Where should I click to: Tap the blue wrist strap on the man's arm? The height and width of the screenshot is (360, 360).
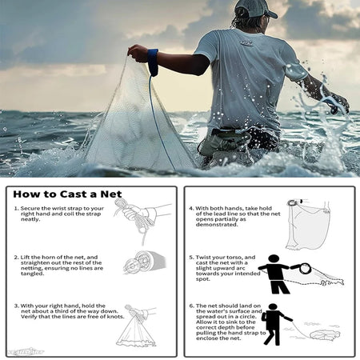pos(152,61)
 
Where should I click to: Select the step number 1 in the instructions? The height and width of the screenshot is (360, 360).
pos(16,207)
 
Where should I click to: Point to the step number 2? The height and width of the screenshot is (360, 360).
pos(16,256)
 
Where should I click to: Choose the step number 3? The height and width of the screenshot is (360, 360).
pos(16,304)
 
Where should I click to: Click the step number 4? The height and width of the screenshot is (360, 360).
pos(192,207)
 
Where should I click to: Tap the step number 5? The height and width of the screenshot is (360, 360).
pos(192,256)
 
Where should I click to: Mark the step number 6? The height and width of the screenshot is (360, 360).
pos(192,304)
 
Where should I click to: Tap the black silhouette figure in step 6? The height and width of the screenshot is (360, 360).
pos(274,322)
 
